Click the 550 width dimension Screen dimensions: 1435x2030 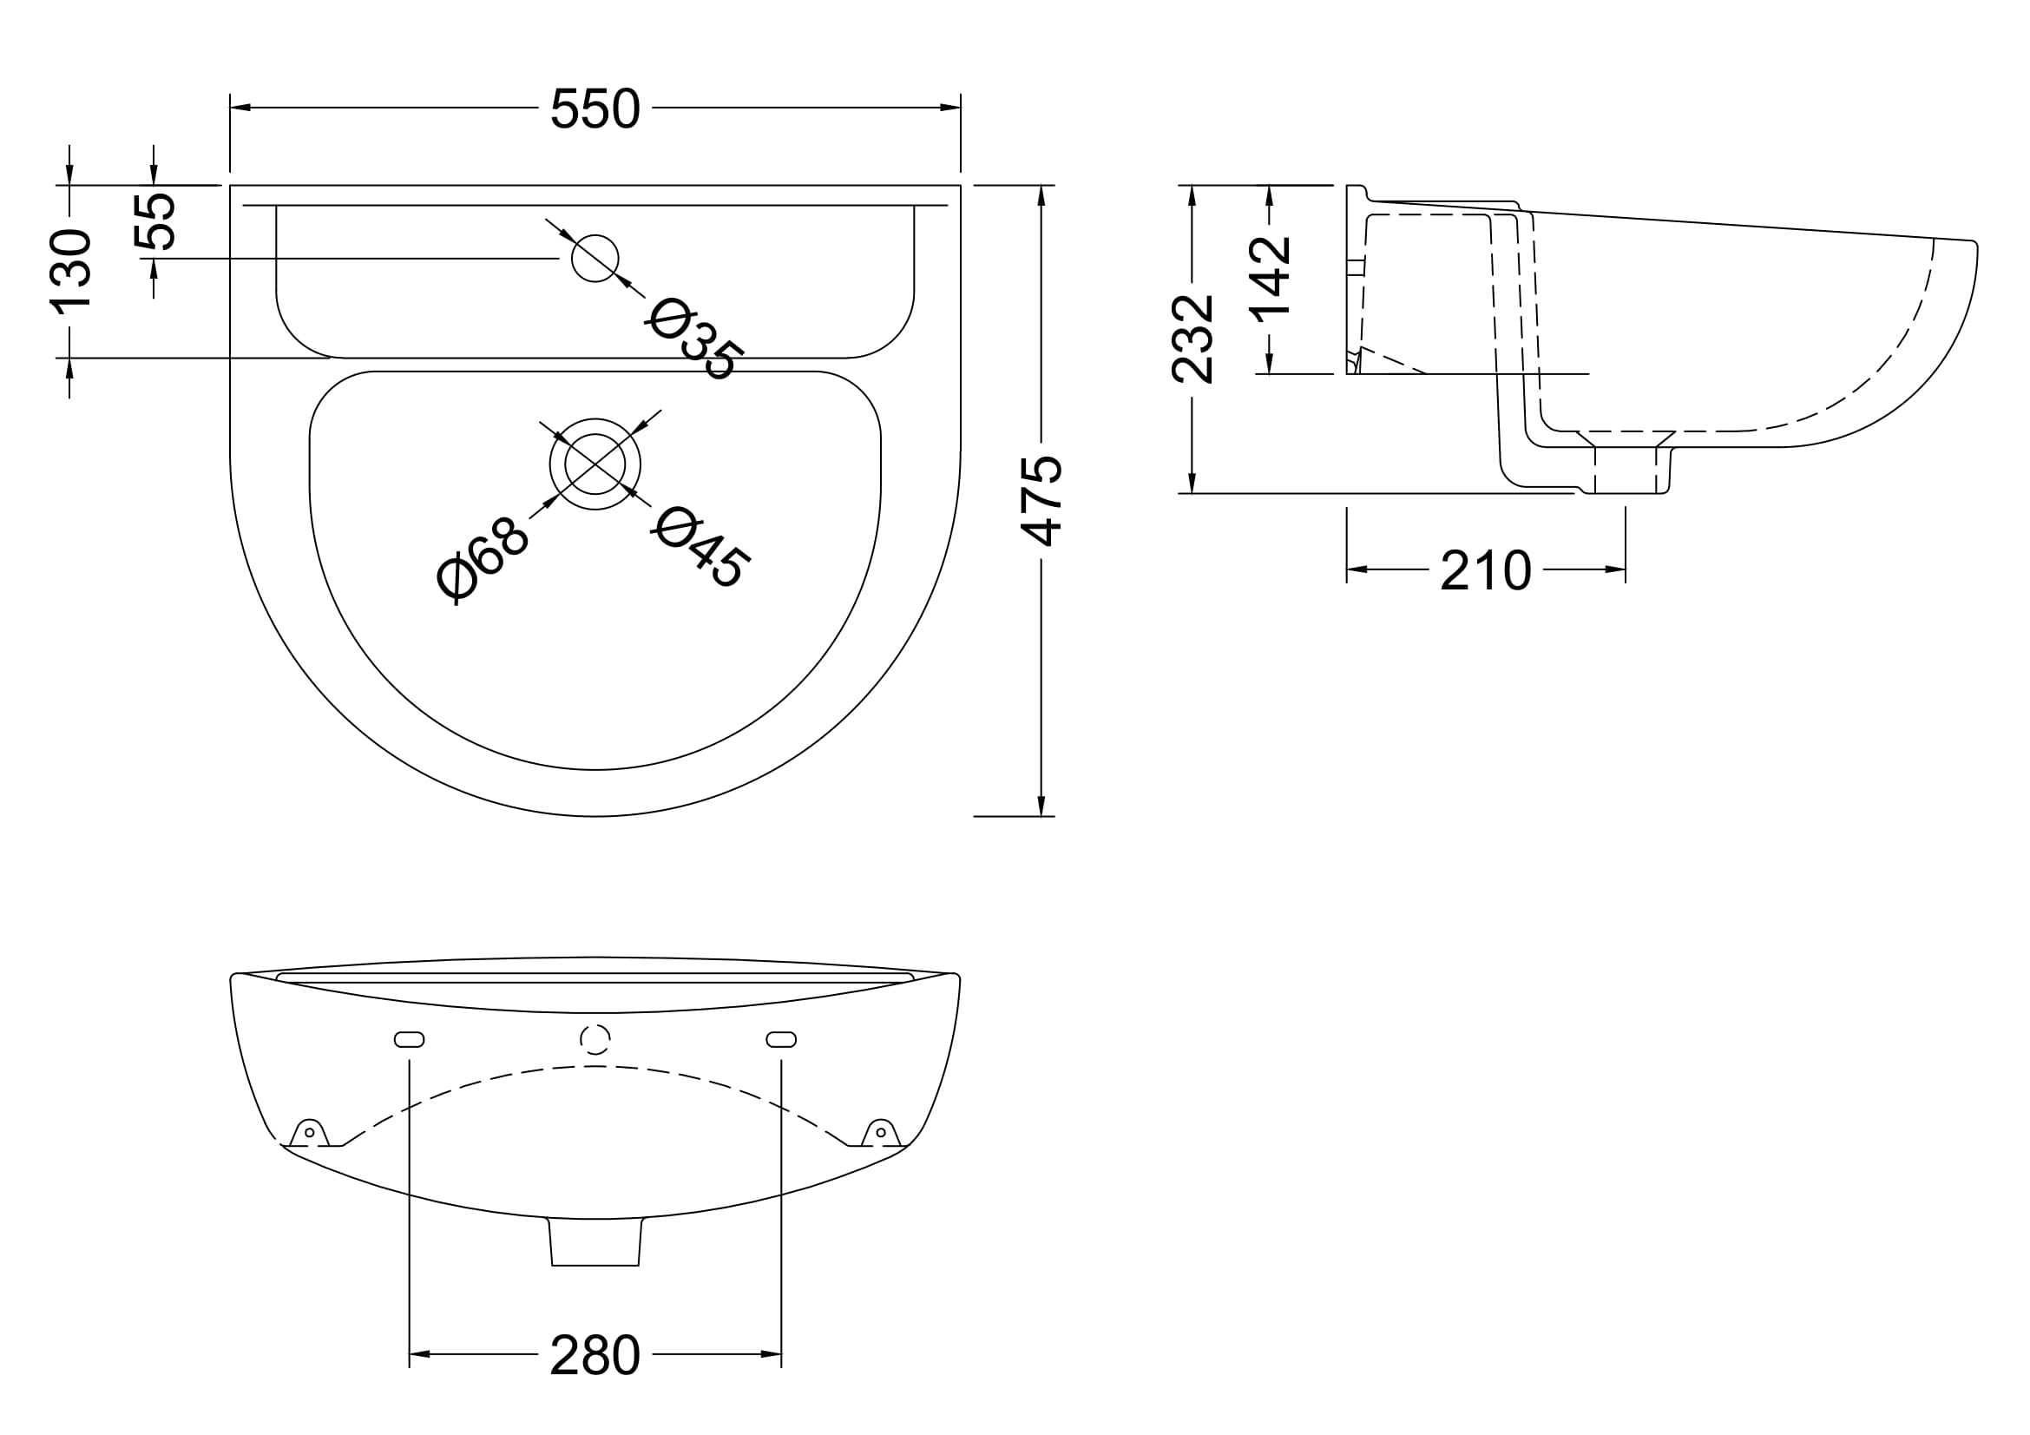595,109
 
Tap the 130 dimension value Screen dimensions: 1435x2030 70,271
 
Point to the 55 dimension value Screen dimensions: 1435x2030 154,221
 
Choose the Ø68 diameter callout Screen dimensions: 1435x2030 483,560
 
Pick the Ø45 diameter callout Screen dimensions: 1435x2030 701,546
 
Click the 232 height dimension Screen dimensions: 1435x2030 1192,339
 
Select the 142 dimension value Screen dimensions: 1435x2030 1270,276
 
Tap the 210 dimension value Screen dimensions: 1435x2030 1485,570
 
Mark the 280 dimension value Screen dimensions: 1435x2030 595,1354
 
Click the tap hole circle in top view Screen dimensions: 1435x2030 595,258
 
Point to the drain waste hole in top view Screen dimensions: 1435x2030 595,464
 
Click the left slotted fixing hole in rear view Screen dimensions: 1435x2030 410,1039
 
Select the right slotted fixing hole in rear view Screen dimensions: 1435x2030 782,1039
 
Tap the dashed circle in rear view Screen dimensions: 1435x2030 595,1039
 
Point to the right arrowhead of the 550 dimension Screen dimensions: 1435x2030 950,108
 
